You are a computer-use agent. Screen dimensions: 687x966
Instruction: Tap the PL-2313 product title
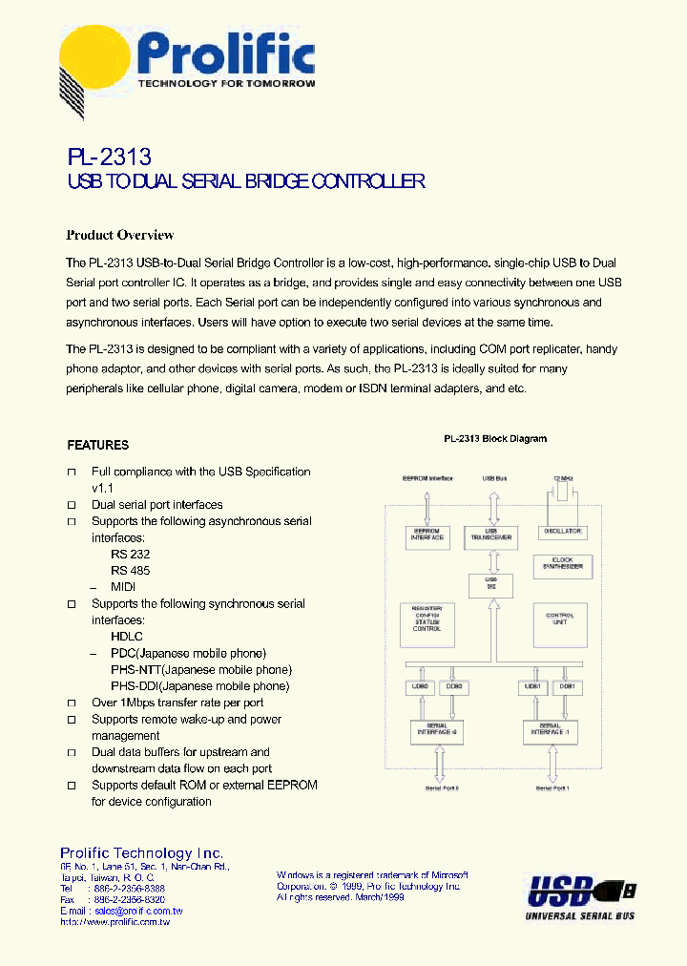(x=110, y=155)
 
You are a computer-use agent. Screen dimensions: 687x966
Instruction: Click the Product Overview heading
(x=119, y=235)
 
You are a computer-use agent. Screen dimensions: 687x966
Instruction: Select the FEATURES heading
(x=97, y=445)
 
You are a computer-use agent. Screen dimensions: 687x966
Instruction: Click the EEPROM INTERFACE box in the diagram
(x=427, y=535)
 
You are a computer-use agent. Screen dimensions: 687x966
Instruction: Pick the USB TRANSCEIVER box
(x=491, y=535)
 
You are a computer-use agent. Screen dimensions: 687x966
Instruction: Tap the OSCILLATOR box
(x=563, y=531)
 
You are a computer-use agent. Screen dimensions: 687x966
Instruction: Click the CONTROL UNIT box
(x=560, y=619)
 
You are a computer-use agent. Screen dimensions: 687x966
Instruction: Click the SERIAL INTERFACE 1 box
(x=550, y=732)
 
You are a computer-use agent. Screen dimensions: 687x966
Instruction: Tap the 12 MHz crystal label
(x=564, y=477)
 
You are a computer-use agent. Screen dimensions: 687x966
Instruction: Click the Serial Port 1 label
(x=552, y=788)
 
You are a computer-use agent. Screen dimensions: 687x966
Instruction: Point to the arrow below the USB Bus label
(x=492, y=504)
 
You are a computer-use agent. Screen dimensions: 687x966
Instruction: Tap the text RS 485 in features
(x=130, y=571)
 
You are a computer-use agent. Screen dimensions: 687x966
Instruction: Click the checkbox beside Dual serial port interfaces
(x=71, y=505)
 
